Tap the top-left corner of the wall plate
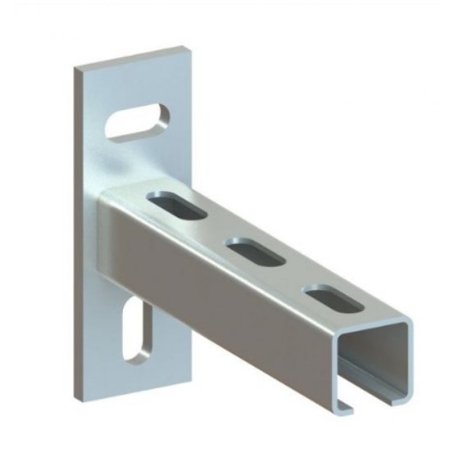click(76, 68)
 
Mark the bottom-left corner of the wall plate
click(78, 396)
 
